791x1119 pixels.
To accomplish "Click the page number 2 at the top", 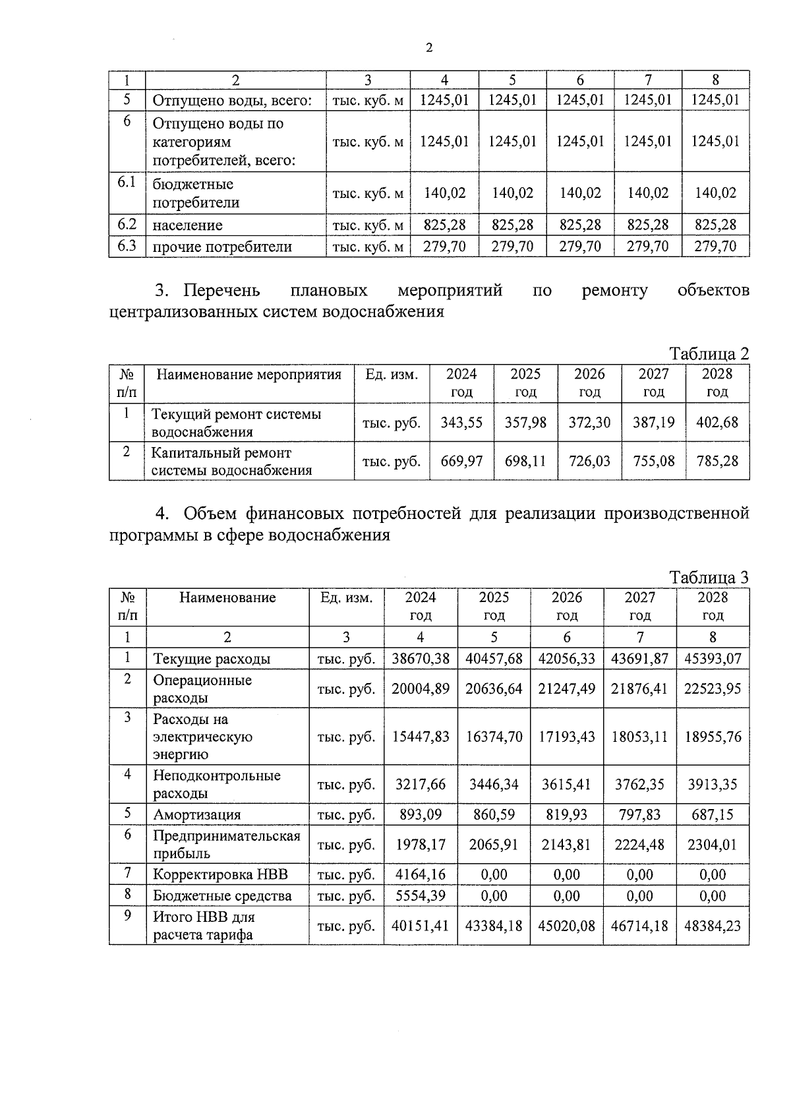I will click(x=429, y=47).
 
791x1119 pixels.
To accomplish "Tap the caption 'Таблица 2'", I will click(x=709, y=354).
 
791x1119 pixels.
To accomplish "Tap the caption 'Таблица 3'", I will click(x=709, y=578).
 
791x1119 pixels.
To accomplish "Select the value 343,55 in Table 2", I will click(x=461, y=423).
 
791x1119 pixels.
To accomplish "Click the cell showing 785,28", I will click(x=717, y=461).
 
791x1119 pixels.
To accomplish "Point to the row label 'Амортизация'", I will click(x=197, y=815).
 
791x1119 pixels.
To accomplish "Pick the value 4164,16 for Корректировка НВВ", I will click(x=421, y=875).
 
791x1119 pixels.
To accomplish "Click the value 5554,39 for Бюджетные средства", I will click(x=421, y=896).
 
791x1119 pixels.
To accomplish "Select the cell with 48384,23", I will click(x=713, y=926).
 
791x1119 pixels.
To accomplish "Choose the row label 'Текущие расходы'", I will click(x=212, y=659).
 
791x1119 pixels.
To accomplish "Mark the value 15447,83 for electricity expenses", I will click(x=421, y=737).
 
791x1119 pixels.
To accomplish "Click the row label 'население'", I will click(x=187, y=226).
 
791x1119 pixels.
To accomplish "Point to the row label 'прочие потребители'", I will click(x=222, y=247).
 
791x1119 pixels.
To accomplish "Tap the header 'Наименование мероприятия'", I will click(x=249, y=375).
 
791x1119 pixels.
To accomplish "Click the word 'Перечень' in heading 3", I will click(x=221, y=291).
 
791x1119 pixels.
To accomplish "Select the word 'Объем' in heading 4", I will click(x=210, y=514).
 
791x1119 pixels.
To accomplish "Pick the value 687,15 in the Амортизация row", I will click(x=713, y=815).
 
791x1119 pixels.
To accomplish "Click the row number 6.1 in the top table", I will click(x=127, y=183).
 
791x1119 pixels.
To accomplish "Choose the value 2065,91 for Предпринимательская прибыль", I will click(x=494, y=845).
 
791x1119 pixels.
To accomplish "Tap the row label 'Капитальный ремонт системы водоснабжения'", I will click(x=231, y=462).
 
